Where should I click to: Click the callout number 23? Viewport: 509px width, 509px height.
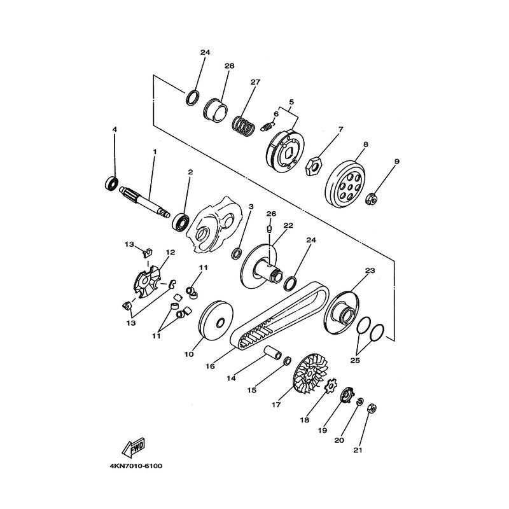pos(370,270)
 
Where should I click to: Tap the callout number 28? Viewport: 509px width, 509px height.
pos(229,66)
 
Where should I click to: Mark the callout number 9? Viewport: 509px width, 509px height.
pos(396,162)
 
